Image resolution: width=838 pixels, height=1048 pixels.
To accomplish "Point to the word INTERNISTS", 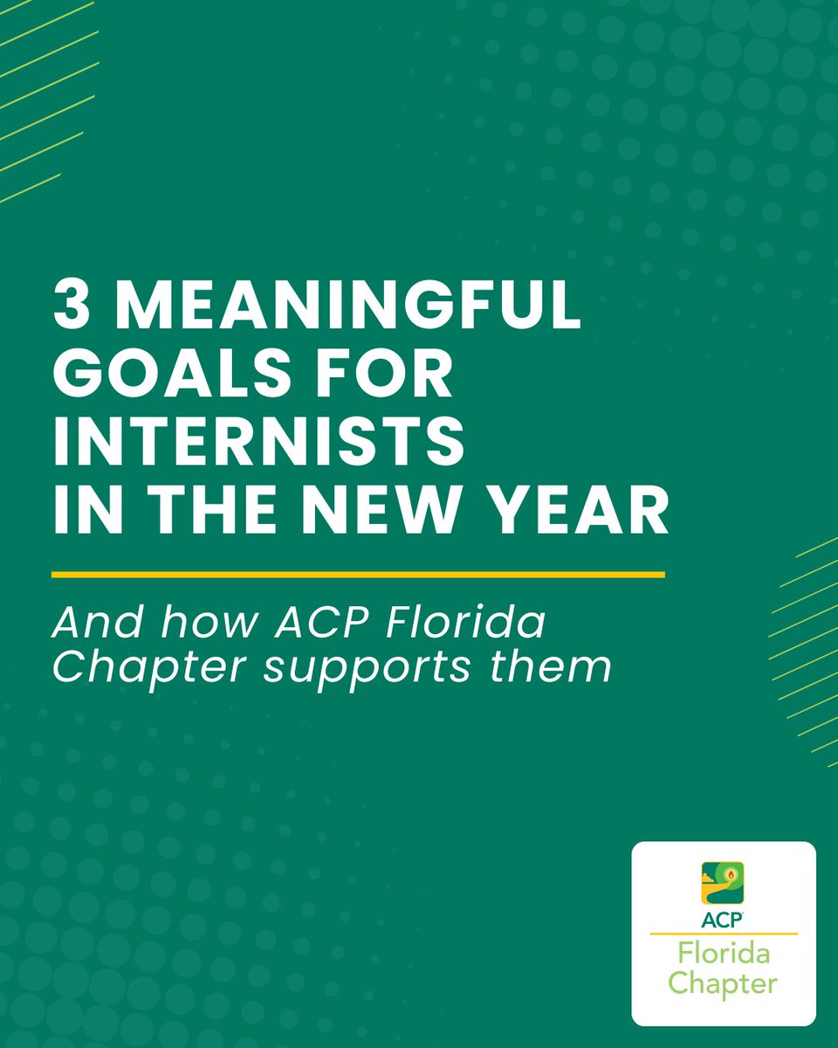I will tap(258, 445).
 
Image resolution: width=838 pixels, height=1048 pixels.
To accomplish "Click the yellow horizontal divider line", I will tap(358, 575).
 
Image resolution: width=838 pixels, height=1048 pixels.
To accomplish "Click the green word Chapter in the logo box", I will tap(724, 984).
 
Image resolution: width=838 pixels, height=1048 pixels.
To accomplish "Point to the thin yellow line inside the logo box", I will tap(724, 934).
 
